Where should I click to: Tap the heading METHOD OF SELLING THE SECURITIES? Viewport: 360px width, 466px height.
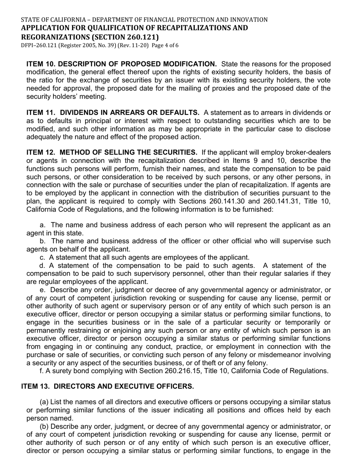pos(128,152)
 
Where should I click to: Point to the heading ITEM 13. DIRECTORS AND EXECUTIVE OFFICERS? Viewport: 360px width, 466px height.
pos(107,386)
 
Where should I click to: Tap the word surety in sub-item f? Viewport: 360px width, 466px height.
pos(61,371)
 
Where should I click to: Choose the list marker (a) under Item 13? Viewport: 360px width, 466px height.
pos(44,402)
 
